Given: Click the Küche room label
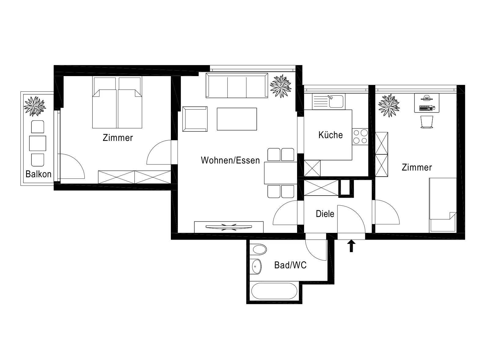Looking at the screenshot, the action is tap(330, 135).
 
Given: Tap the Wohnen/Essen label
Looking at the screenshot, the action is tap(230, 160).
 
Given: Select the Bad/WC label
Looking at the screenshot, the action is tap(290, 265).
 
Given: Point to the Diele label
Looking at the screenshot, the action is tap(325, 214).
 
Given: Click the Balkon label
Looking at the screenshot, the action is tap(39, 174).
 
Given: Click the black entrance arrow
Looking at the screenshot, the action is tap(351, 246).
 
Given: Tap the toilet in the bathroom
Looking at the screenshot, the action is tap(258, 249).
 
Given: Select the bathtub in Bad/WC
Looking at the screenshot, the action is tap(274, 291).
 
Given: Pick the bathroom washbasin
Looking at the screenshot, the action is tap(256, 266).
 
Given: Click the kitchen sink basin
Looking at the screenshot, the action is tap(336, 101).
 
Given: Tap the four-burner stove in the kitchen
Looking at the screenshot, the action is tap(360, 137).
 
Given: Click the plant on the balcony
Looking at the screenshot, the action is tap(35, 106).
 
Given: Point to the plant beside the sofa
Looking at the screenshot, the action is tap(281, 86).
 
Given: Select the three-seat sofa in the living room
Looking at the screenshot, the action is tap(237, 85).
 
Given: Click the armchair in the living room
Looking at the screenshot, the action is tap(195, 119).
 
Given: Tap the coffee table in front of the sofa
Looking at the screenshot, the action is tap(237, 119).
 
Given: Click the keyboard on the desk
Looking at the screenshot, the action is tap(426, 108).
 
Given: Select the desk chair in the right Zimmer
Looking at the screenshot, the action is tap(427, 122).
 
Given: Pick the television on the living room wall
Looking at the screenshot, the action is tap(229, 227).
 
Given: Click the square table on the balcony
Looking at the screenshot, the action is tap(38, 143).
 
